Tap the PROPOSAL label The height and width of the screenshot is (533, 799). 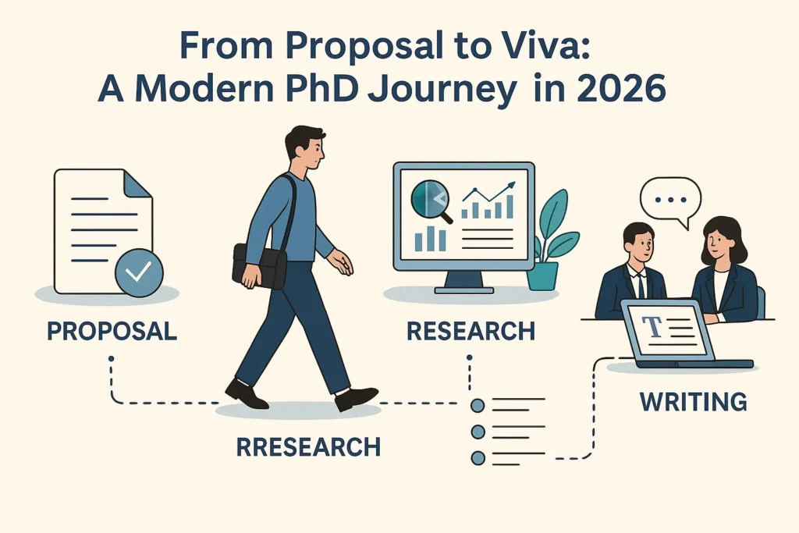(x=112, y=330)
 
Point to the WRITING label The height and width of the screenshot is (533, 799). (x=693, y=402)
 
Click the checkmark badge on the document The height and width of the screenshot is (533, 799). (x=139, y=272)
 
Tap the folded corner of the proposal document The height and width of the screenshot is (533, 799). (x=138, y=184)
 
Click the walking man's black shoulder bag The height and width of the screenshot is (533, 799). (x=261, y=265)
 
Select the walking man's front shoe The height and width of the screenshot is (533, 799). (x=356, y=398)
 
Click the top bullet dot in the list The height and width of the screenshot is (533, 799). (x=478, y=405)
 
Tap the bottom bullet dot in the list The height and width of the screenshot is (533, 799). (x=478, y=458)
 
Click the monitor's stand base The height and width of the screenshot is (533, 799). (x=463, y=290)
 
